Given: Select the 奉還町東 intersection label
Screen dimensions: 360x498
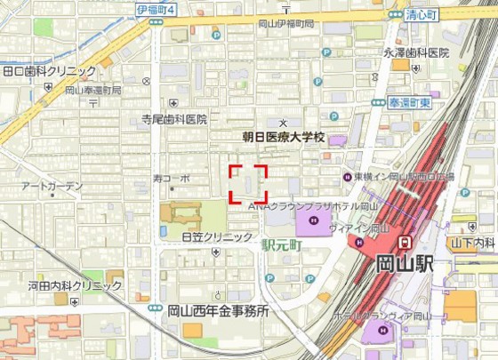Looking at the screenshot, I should coord(409,103).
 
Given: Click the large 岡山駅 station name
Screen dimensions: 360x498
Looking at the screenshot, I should coord(405,263).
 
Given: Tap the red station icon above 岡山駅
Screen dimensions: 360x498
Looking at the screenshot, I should coord(405,241).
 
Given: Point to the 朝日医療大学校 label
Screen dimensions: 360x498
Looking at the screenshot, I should coord(285,138).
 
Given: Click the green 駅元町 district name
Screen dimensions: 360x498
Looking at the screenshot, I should coord(283,242).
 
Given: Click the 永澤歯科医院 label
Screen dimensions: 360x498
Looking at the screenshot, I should coord(417,53).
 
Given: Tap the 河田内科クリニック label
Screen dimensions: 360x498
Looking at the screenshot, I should coord(75,285).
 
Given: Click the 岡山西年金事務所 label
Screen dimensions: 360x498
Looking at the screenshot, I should coord(218,311).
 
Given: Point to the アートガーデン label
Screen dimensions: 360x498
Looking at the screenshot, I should coord(52,187).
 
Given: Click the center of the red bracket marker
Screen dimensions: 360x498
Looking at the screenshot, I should coord(249,184).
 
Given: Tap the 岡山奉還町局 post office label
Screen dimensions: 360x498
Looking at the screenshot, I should coord(92,91).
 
